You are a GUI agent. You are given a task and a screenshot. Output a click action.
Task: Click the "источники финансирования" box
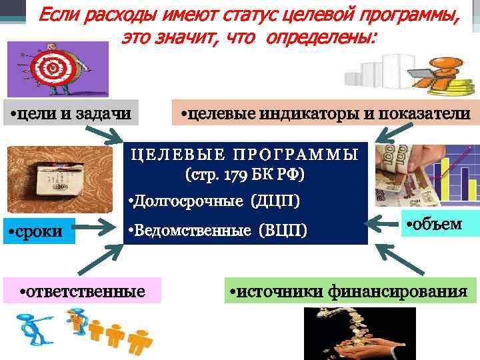tap(352, 291)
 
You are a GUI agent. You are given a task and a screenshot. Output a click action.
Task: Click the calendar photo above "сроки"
tap(43, 179)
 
